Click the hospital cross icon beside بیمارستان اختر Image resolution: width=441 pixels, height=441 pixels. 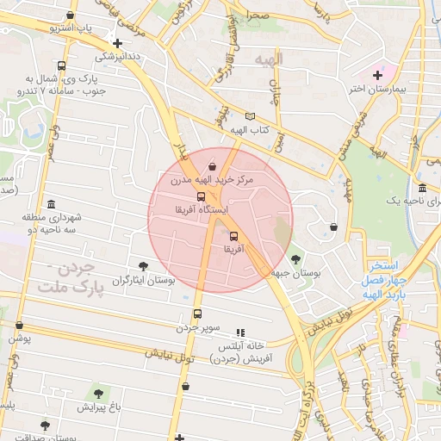[x=377, y=76]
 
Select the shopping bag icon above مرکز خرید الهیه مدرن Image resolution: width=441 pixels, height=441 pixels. [x=213, y=165]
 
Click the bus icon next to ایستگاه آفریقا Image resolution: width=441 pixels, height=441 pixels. [x=202, y=197]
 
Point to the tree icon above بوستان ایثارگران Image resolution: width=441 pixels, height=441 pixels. [x=143, y=267]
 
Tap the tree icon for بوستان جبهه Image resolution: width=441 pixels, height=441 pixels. [x=295, y=258]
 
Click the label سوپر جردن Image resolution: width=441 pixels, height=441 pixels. [x=199, y=328]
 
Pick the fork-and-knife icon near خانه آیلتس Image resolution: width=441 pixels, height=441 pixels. [x=240, y=332]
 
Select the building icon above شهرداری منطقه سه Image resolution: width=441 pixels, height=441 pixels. [x=52, y=205]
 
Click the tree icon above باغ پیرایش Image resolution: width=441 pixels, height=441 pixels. [x=96, y=392]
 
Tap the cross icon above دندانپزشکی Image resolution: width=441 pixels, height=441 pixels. [x=118, y=42]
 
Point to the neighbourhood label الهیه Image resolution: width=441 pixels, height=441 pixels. [x=270, y=59]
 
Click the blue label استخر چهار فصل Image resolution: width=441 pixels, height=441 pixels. [x=389, y=274]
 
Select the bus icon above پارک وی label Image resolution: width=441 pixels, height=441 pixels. [x=60, y=66]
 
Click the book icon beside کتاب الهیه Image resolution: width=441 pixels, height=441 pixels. [x=251, y=116]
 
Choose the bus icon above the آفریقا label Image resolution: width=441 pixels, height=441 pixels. [x=233, y=235]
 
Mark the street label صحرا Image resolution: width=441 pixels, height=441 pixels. [x=257, y=16]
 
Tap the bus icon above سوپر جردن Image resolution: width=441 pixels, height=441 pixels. [x=198, y=314]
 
